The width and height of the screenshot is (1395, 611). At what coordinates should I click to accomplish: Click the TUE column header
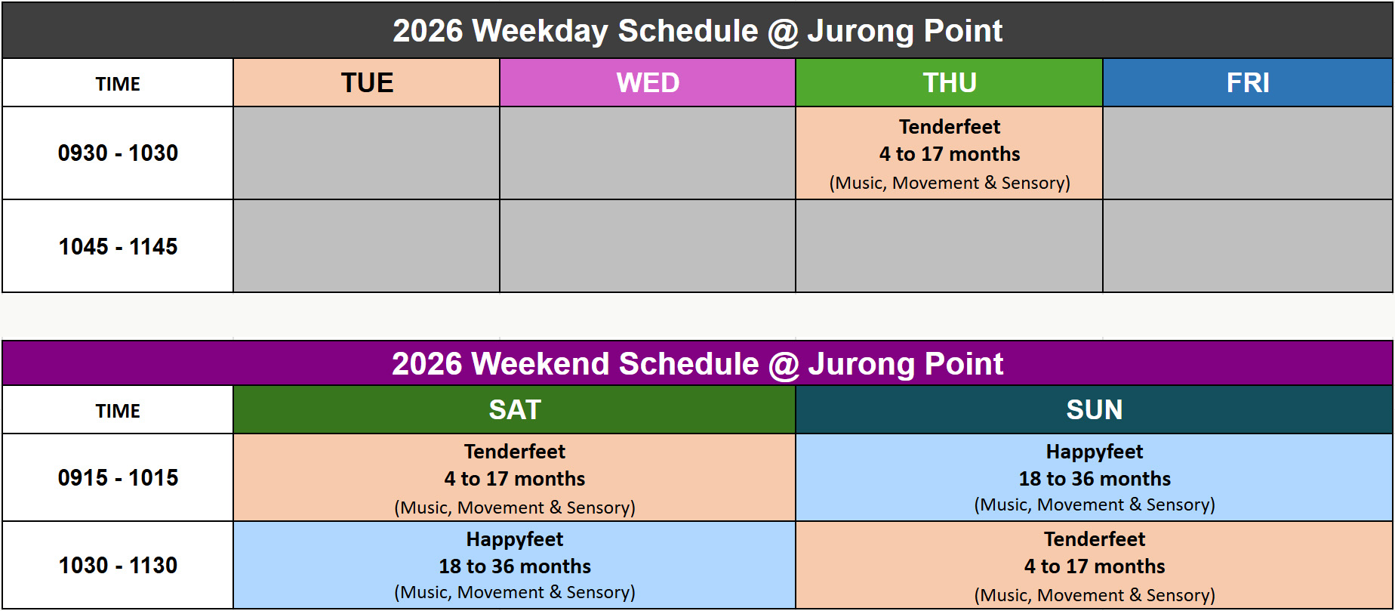point(367,82)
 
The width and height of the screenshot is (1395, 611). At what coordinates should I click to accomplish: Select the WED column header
point(648,82)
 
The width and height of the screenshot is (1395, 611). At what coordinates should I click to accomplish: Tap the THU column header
point(950,82)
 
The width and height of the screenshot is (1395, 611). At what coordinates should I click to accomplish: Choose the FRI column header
point(1248,82)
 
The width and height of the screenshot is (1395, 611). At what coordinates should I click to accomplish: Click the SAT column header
point(515,409)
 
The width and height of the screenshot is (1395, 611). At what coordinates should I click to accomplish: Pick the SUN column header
point(1095,409)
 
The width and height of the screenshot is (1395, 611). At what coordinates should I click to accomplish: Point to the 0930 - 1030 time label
point(118,153)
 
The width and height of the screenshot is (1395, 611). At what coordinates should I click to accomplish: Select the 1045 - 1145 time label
point(118,246)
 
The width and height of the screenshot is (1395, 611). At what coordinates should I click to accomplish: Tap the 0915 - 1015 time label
point(118,477)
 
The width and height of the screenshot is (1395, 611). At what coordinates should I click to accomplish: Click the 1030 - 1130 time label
point(118,565)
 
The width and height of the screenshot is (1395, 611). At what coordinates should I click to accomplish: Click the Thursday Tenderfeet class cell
point(950,153)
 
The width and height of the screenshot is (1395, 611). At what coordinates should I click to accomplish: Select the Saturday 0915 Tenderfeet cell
point(515,477)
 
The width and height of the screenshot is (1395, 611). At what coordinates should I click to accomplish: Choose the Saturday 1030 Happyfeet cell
point(515,565)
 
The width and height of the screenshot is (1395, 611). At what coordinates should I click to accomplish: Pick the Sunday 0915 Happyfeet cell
point(1095,477)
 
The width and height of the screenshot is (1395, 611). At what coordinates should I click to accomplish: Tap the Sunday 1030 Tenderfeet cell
point(1095,565)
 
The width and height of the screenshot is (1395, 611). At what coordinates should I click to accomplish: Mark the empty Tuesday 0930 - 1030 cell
point(367,153)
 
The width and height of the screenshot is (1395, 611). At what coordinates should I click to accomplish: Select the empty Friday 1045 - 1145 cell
point(1248,246)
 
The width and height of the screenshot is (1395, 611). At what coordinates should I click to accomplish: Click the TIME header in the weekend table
point(118,411)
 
